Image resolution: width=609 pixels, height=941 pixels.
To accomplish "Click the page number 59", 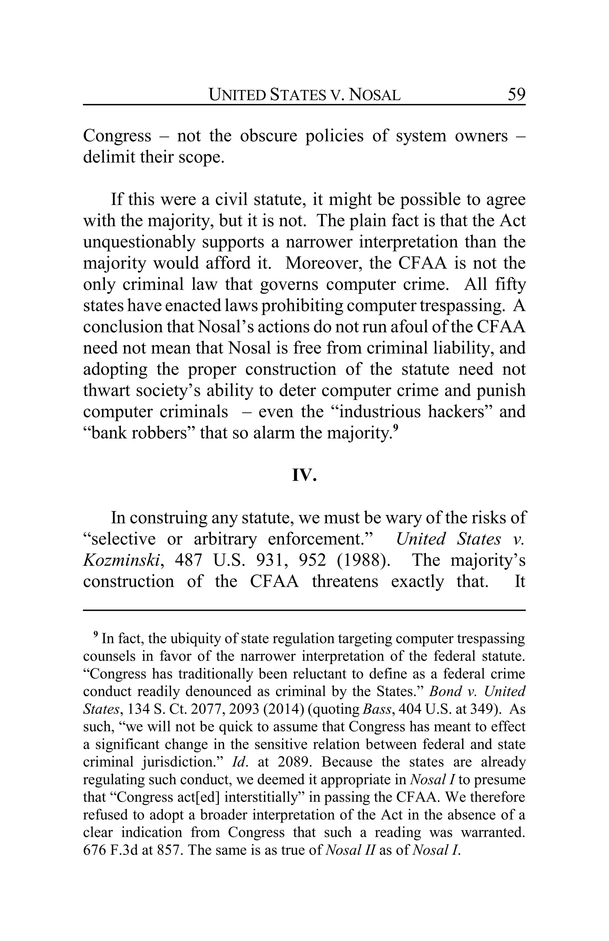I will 516,95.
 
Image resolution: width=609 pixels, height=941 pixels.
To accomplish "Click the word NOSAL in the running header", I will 376,95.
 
